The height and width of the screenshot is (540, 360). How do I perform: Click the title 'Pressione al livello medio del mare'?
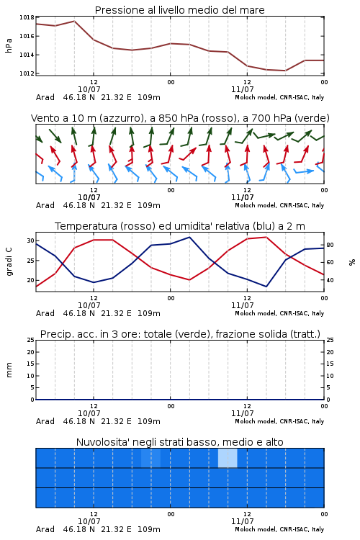pos(179,10)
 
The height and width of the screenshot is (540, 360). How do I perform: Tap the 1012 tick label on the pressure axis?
pos(27,73)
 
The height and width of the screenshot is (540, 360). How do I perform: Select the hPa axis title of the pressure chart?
pos(9,45)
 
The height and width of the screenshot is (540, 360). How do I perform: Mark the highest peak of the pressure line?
pos(74,21)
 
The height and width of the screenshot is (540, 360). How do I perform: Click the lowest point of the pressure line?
pos(285,71)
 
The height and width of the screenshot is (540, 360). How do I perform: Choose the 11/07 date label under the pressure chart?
pos(242,89)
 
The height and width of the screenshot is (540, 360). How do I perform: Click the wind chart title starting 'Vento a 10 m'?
pos(180,118)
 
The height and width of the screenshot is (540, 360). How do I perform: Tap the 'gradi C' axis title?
pos(9,262)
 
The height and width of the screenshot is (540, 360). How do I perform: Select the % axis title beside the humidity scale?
pos(352,262)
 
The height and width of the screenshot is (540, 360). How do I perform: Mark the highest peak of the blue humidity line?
pos(189,237)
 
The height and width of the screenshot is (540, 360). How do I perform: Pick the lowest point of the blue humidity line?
pos(266,287)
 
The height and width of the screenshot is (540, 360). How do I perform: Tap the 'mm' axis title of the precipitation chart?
pos(9,370)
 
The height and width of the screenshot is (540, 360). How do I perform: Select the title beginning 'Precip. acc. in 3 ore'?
pos(180,334)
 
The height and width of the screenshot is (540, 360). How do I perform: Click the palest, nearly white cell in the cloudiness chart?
pos(228,458)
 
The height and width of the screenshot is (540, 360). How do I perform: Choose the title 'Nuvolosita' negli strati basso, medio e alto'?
pos(179,442)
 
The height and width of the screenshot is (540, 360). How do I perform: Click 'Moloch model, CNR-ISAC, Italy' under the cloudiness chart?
pos(279,529)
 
